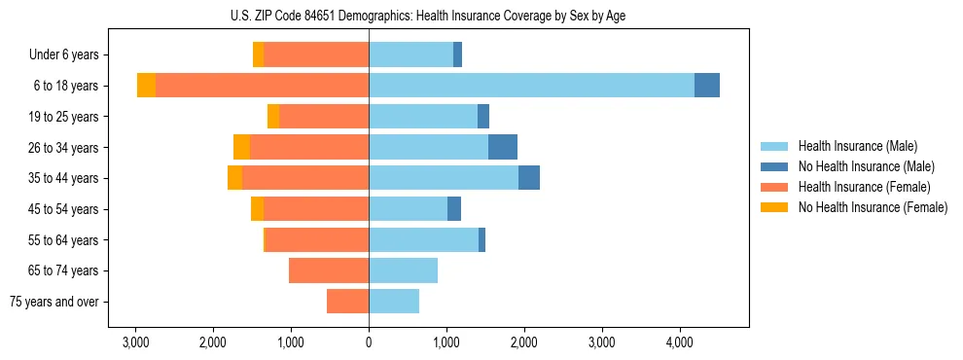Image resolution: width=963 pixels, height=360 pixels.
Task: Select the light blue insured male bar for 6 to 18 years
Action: click(x=531, y=86)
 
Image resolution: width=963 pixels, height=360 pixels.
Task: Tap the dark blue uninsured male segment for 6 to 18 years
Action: click(x=707, y=86)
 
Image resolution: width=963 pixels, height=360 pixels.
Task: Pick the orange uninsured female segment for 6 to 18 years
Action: click(x=146, y=86)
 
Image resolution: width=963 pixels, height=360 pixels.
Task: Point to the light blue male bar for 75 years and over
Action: click(x=394, y=302)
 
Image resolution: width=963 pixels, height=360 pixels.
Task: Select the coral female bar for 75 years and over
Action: click(x=347, y=302)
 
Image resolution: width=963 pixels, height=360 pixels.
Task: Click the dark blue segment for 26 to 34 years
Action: click(x=503, y=147)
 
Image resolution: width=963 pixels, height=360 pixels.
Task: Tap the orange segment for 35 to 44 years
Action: click(x=234, y=178)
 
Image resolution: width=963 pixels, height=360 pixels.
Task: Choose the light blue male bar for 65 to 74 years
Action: click(x=403, y=270)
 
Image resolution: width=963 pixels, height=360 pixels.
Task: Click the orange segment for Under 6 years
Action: click(x=258, y=54)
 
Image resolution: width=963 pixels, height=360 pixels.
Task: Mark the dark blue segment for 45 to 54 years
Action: click(x=454, y=209)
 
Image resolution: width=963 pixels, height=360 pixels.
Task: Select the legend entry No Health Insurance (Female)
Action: click(x=872, y=207)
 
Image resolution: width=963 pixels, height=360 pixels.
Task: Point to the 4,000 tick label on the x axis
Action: click(x=679, y=342)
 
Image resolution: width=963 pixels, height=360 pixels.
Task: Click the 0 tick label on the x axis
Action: click(x=369, y=342)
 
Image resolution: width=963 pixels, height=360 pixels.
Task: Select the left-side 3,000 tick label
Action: click(x=135, y=342)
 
